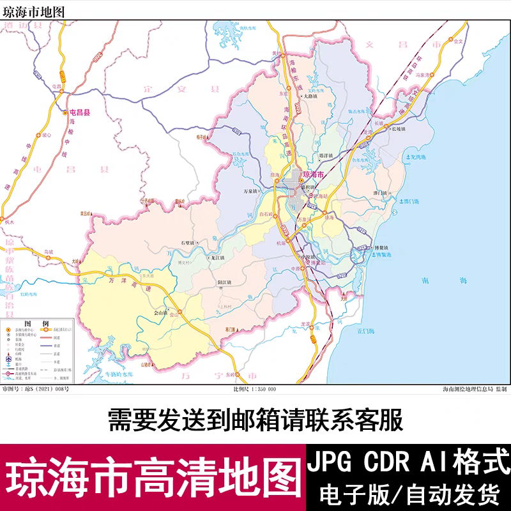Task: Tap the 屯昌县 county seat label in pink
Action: point(80,112)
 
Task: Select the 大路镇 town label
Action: point(310,96)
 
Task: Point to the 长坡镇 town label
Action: point(397,128)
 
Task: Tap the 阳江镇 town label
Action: point(224,281)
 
